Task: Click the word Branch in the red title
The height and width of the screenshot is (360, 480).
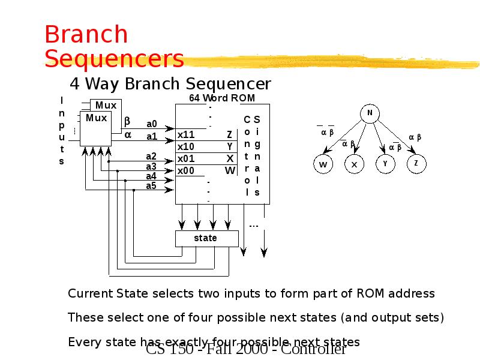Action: click(86, 35)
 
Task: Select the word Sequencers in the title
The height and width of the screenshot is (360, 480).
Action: click(114, 59)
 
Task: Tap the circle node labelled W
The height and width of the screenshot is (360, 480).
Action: click(323, 164)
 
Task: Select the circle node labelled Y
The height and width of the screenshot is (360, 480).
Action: click(385, 163)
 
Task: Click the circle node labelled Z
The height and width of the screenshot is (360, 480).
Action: click(416, 163)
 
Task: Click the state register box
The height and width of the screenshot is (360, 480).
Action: click(205, 238)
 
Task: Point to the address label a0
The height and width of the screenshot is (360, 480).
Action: click(152, 124)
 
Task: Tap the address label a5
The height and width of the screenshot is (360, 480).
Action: click(151, 186)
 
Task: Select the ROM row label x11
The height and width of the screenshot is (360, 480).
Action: click(186, 134)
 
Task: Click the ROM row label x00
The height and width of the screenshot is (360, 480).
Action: click(186, 170)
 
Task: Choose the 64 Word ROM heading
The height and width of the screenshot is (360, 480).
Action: click(222, 98)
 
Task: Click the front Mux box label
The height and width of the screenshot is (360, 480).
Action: click(96, 118)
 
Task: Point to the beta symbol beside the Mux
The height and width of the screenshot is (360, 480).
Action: click(127, 122)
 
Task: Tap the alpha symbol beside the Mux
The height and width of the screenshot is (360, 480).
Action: click(127, 134)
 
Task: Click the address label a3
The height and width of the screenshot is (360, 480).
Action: click(151, 166)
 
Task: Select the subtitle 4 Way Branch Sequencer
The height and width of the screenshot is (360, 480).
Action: click(170, 83)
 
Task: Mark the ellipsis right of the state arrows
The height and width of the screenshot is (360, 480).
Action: click(254, 226)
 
